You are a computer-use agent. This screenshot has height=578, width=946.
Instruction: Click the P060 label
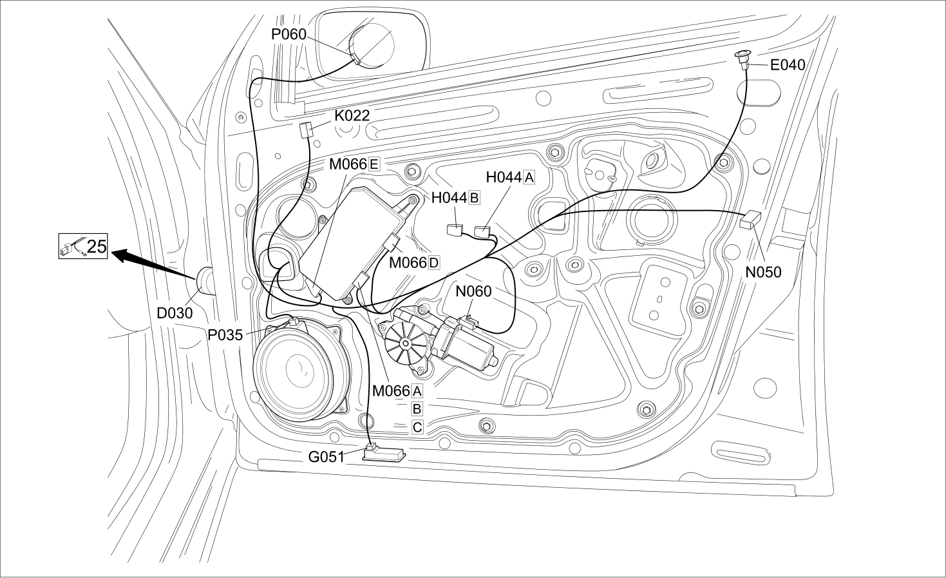tap(289, 34)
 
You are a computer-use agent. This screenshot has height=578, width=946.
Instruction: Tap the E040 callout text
tap(788, 65)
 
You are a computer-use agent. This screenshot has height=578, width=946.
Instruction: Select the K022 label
tap(352, 115)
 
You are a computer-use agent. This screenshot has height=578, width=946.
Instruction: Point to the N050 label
tap(763, 272)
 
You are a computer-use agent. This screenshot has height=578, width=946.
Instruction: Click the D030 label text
tap(175, 313)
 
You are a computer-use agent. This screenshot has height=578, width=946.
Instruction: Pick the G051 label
tap(326, 457)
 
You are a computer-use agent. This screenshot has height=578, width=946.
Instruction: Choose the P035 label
tap(225, 335)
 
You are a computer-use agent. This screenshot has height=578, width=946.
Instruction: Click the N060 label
tap(473, 291)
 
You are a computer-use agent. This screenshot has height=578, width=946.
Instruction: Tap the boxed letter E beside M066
tap(374, 164)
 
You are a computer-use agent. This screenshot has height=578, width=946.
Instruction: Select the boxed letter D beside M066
tap(434, 263)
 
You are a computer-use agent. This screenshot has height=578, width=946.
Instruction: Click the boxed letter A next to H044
tap(529, 177)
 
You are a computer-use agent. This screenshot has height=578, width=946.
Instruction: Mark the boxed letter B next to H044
tap(474, 197)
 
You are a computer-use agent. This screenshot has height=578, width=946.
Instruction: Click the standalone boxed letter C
tap(417, 428)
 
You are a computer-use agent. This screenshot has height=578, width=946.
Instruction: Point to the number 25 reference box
tap(83, 246)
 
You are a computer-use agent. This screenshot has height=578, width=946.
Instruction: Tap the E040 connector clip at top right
tap(743, 60)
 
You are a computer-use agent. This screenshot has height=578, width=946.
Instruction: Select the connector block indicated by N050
tap(750, 220)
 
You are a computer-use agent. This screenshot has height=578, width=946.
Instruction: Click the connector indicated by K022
tap(306, 129)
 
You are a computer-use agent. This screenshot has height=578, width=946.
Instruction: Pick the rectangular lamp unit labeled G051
tap(384, 455)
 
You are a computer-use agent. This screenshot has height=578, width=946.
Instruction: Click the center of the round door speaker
tap(301, 369)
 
